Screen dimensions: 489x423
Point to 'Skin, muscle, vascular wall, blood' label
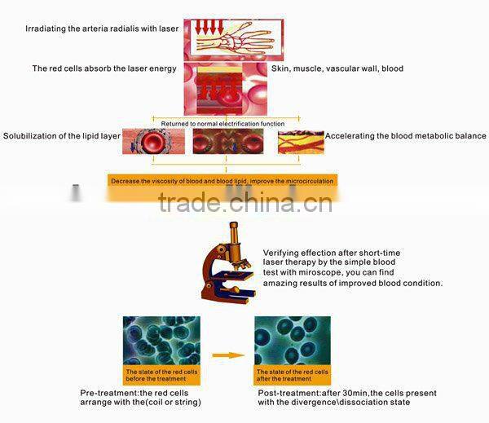tap(337, 68)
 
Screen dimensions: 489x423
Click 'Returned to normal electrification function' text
tap(222, 124)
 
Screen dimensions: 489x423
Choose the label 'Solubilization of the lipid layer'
tap(61, 135)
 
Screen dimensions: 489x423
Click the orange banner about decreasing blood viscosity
tap(221, 180)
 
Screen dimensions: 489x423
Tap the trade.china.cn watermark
tap(244, 201)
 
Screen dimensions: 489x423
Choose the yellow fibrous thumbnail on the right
tap(300, 142)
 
